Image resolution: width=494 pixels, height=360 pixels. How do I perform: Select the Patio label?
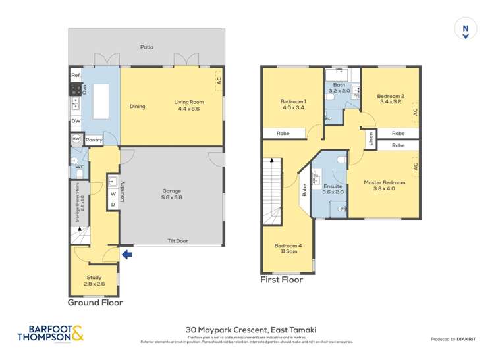146,47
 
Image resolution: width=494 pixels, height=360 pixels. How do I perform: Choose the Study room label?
94,280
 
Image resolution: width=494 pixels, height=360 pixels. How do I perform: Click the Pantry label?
94,140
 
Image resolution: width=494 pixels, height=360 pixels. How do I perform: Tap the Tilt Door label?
177,241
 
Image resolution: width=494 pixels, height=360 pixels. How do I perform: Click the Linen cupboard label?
371,140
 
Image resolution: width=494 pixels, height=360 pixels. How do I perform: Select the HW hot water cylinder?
76,139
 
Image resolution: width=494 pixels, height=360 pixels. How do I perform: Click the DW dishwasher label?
76,121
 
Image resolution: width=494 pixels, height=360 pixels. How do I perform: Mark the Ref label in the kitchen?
75,76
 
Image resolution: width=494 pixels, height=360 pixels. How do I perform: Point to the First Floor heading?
282,280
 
